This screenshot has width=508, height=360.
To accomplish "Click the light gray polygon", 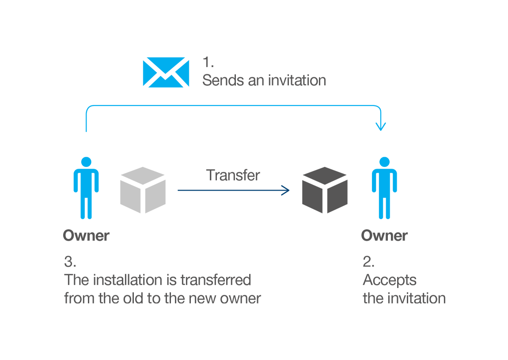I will pyautogui.click(x=141, y=186).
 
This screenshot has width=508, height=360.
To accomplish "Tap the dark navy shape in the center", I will pyautogui.click(x=234, y=208).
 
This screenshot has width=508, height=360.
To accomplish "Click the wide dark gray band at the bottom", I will pyautogui.click(x=254, y=278).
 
